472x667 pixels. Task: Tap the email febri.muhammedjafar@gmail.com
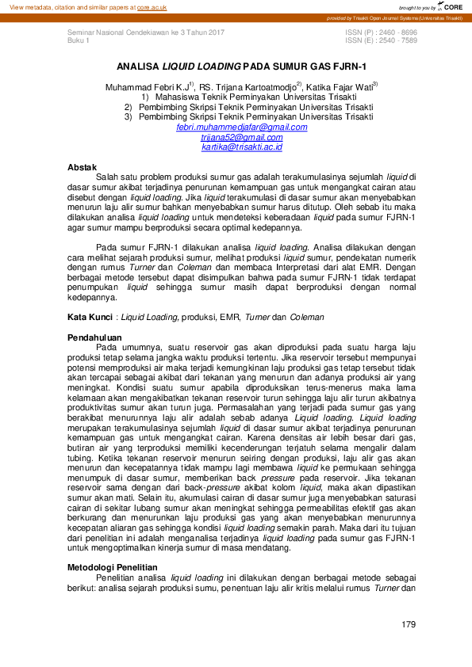[242, 128]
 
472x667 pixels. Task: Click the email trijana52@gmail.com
[241, 137]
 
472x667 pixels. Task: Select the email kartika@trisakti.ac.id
[241, 147]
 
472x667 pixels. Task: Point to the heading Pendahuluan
[92, 337]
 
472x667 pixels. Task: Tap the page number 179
[409, 625]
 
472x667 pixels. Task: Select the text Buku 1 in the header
[79, 40]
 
